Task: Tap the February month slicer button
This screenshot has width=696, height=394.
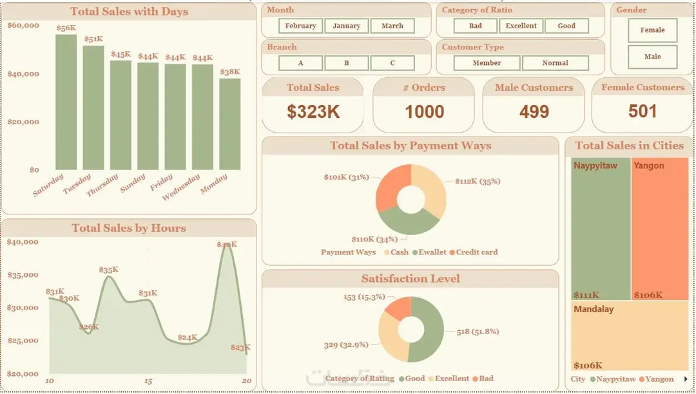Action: tap(300, 26)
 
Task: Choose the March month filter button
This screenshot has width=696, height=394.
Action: tap(392, 26)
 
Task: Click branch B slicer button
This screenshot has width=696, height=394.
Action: tap(346, 63)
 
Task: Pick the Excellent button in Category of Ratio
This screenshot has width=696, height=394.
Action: tap(521, 26)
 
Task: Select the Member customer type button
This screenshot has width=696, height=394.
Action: tap(487, 63)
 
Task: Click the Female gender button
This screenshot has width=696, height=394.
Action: tap(652, 30)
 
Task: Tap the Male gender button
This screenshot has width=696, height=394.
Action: tap(652, 57)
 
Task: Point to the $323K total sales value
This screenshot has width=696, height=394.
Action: tap(313, 112)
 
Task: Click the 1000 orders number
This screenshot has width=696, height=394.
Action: tap(424, 112)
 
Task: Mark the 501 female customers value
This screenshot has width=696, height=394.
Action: tap(643, 111)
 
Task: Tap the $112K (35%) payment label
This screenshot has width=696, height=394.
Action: tap(478, 182)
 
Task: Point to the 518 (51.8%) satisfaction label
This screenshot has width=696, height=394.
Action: tap(478, 331)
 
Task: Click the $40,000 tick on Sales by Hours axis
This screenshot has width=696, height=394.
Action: tap(23, 242)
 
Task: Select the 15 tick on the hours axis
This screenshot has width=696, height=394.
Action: tap(148, 382)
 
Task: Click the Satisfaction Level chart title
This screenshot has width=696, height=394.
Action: tap(411, 279)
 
